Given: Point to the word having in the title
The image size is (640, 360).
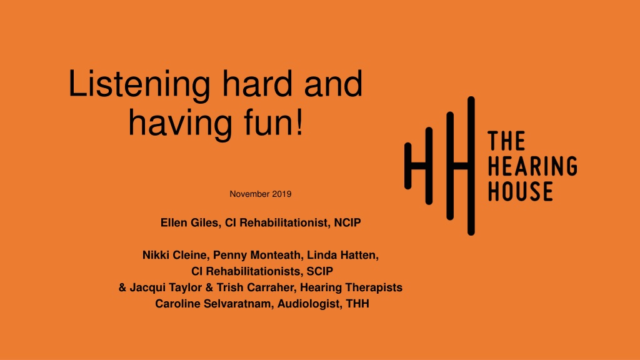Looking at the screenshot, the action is click(180, 124).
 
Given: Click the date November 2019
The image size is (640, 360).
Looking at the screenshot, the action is click(261, 194).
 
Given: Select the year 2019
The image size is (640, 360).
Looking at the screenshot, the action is click(282, 194).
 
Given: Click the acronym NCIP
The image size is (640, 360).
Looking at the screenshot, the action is click(347, 222).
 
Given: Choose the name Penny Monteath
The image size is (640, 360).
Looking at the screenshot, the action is click(257, 256).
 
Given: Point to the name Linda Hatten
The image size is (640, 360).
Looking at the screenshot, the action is click(341, 255).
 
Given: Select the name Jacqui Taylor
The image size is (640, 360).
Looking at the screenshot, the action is click(166, 287).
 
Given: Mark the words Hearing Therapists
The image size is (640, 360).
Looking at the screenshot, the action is click(351, 287).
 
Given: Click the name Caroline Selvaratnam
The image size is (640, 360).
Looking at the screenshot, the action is click(212, 304).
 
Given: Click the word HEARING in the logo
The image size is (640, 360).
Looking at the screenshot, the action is click(532, 166).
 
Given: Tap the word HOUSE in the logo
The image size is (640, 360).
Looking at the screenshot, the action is click(521, 191).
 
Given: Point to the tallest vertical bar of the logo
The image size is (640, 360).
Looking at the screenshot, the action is click(471, 166).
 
